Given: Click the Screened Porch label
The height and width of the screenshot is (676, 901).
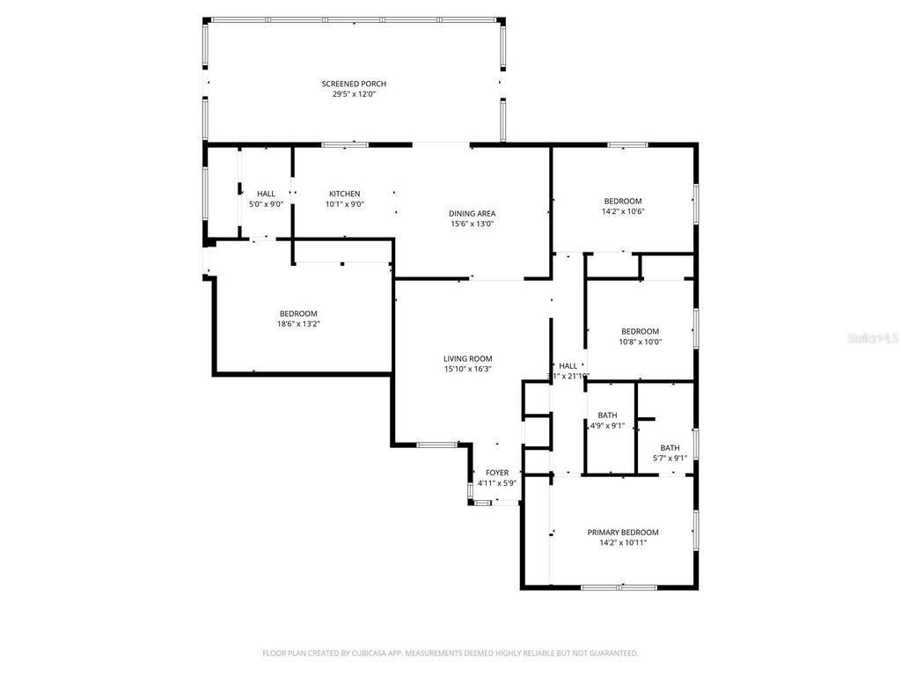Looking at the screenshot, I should tap(354, 84).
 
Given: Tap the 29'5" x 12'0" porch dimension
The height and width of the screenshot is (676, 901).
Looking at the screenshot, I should tap(354, 94).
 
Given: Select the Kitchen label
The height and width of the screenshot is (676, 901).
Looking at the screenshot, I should tap(344, 194).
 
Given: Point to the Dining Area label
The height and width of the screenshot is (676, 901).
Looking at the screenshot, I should tap(472, 213).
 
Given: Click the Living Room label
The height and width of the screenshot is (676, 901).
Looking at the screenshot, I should tap(467, 358).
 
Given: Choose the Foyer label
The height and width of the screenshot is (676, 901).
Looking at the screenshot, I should tap(497, 473).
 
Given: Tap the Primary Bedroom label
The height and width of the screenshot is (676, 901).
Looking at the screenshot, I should tap(623, 533).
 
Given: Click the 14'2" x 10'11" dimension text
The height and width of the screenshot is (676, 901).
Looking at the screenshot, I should tap(623, 543).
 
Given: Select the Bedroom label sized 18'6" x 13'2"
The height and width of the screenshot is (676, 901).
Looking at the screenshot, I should tap(298, 313).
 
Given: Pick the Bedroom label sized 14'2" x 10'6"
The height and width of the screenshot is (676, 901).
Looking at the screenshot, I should tap(623, 201).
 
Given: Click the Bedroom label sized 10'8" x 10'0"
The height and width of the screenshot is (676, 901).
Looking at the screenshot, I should tap(640, 332).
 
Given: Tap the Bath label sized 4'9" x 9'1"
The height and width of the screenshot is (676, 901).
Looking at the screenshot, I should tap(607, 415).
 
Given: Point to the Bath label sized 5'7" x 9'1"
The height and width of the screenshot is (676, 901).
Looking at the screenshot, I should tap(670, 447).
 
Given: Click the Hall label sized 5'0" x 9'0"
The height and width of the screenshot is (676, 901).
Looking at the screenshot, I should tap(266, 194).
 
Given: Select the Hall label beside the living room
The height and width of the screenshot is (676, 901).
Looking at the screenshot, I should tap(568, 365).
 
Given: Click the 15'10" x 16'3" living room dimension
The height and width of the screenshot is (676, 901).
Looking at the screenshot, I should tap(467, 369).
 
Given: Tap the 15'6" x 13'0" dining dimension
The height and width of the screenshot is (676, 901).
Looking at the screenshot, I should tap(472, 224).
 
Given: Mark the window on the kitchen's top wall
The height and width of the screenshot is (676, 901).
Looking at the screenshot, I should tap(344, 143).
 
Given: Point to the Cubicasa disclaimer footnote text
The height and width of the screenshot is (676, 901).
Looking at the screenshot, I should tap(450, 653).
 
